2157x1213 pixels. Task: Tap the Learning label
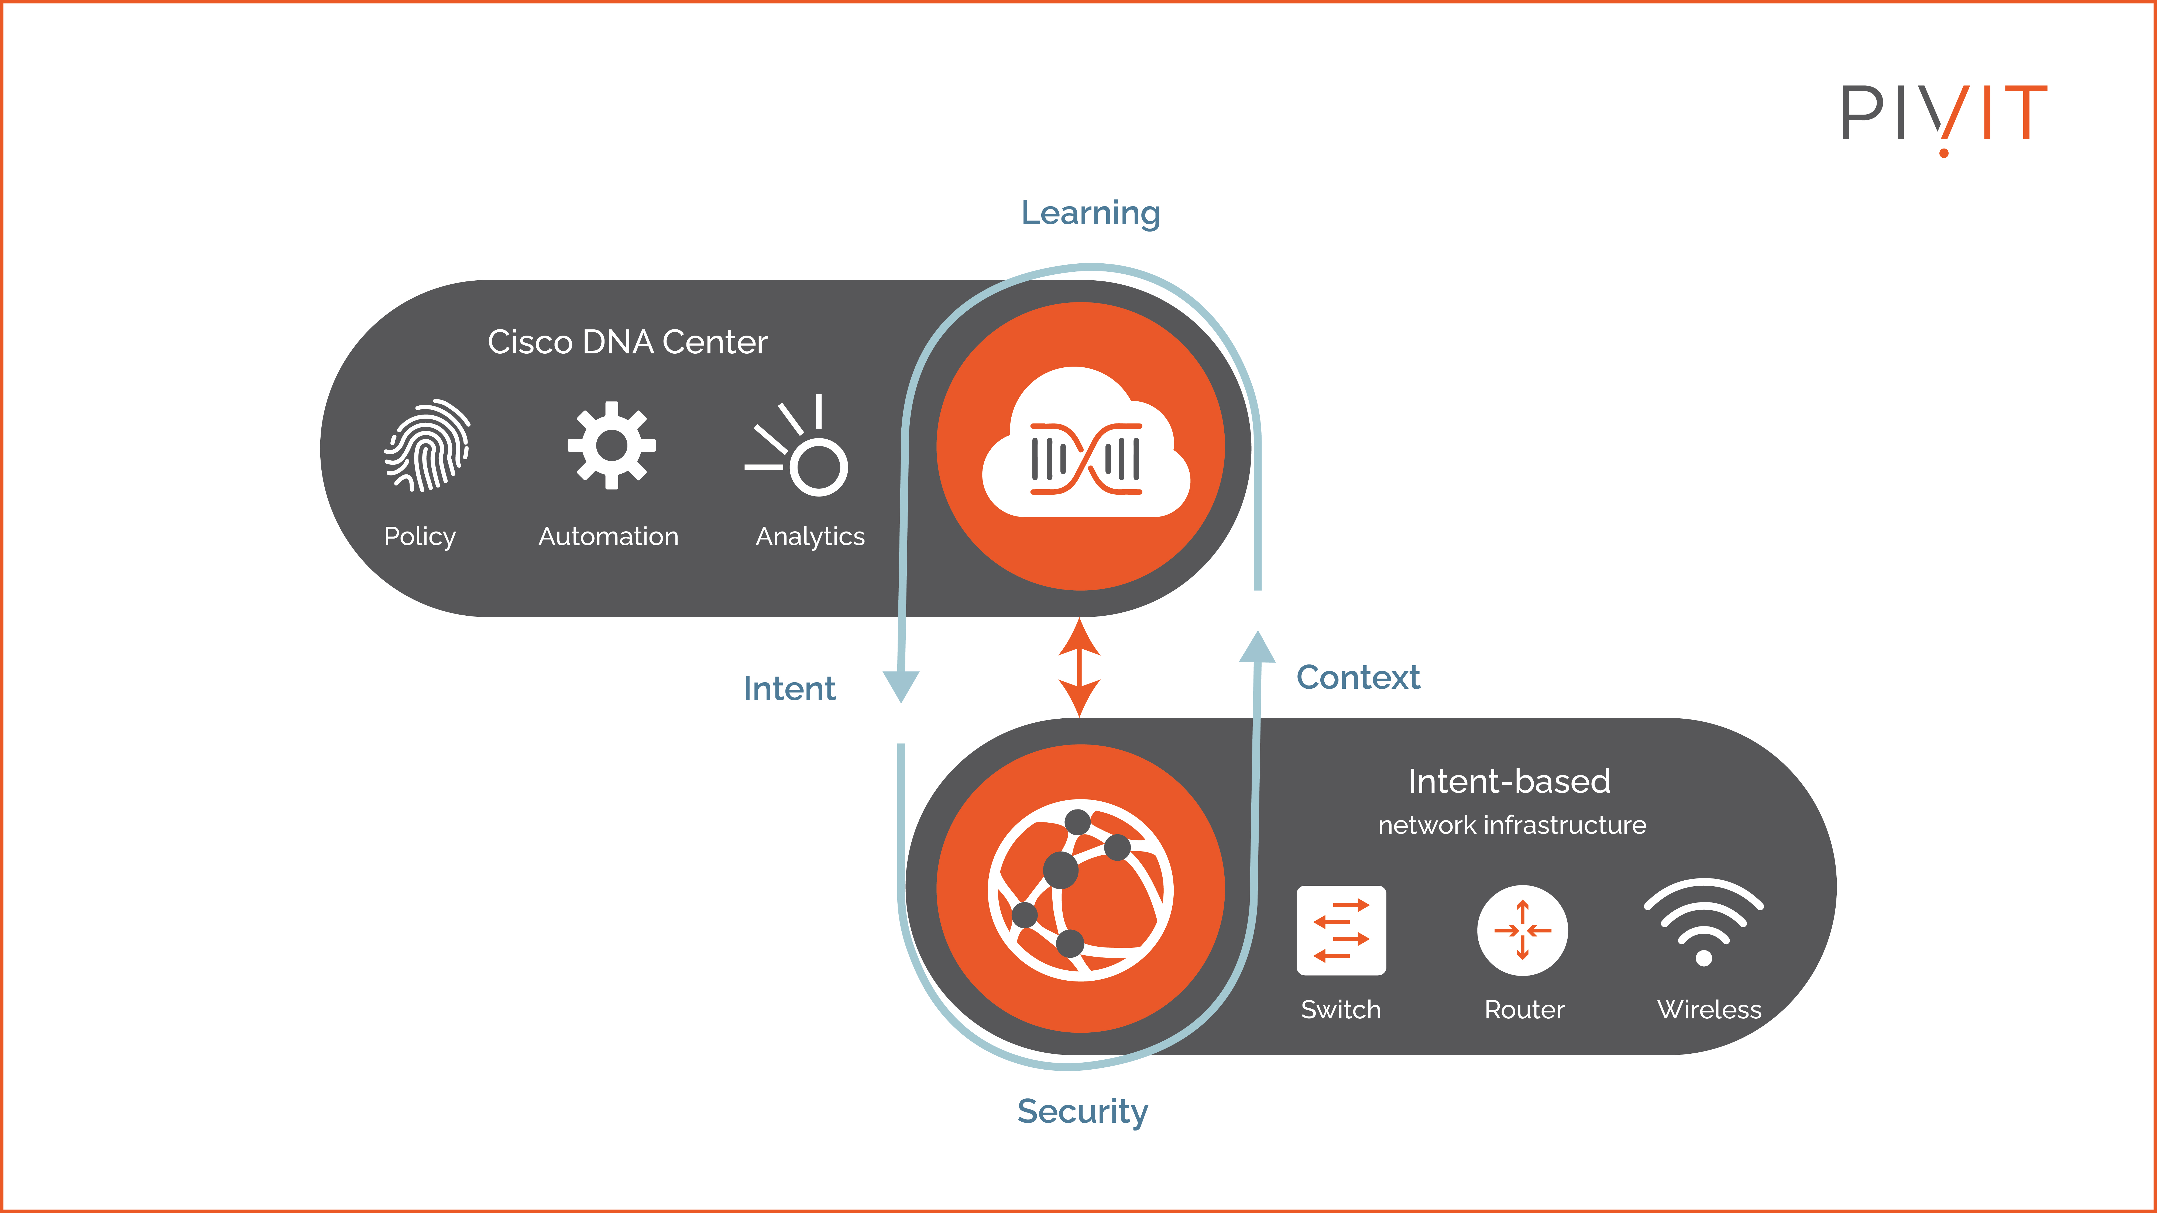tap(1090, 213)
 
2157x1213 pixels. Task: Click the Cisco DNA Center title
tap(627, 342)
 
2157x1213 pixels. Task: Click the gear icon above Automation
tap(611, 445)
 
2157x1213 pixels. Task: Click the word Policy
tap(420, 537)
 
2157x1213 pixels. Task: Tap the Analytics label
tap(810, 537)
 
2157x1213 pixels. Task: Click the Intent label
tap(789, 689)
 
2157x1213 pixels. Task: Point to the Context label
tap(1357, 677)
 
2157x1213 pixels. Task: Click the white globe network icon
tap(1080, 890)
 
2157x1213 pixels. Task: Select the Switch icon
tap(1341, 930)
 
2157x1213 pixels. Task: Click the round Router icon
tap(1522, 930)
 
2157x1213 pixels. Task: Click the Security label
tap(1082, 1112)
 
